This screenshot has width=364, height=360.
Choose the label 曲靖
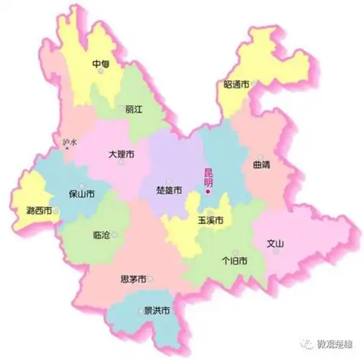[x=262, y=165]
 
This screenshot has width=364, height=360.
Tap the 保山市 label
[x=81, y=194]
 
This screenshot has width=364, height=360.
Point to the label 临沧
[x=102, y=235]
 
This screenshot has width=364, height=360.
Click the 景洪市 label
[x=156, y=311]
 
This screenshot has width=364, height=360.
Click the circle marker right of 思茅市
[x=151, y=279]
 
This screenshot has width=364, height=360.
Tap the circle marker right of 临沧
[x=115, y=235]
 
